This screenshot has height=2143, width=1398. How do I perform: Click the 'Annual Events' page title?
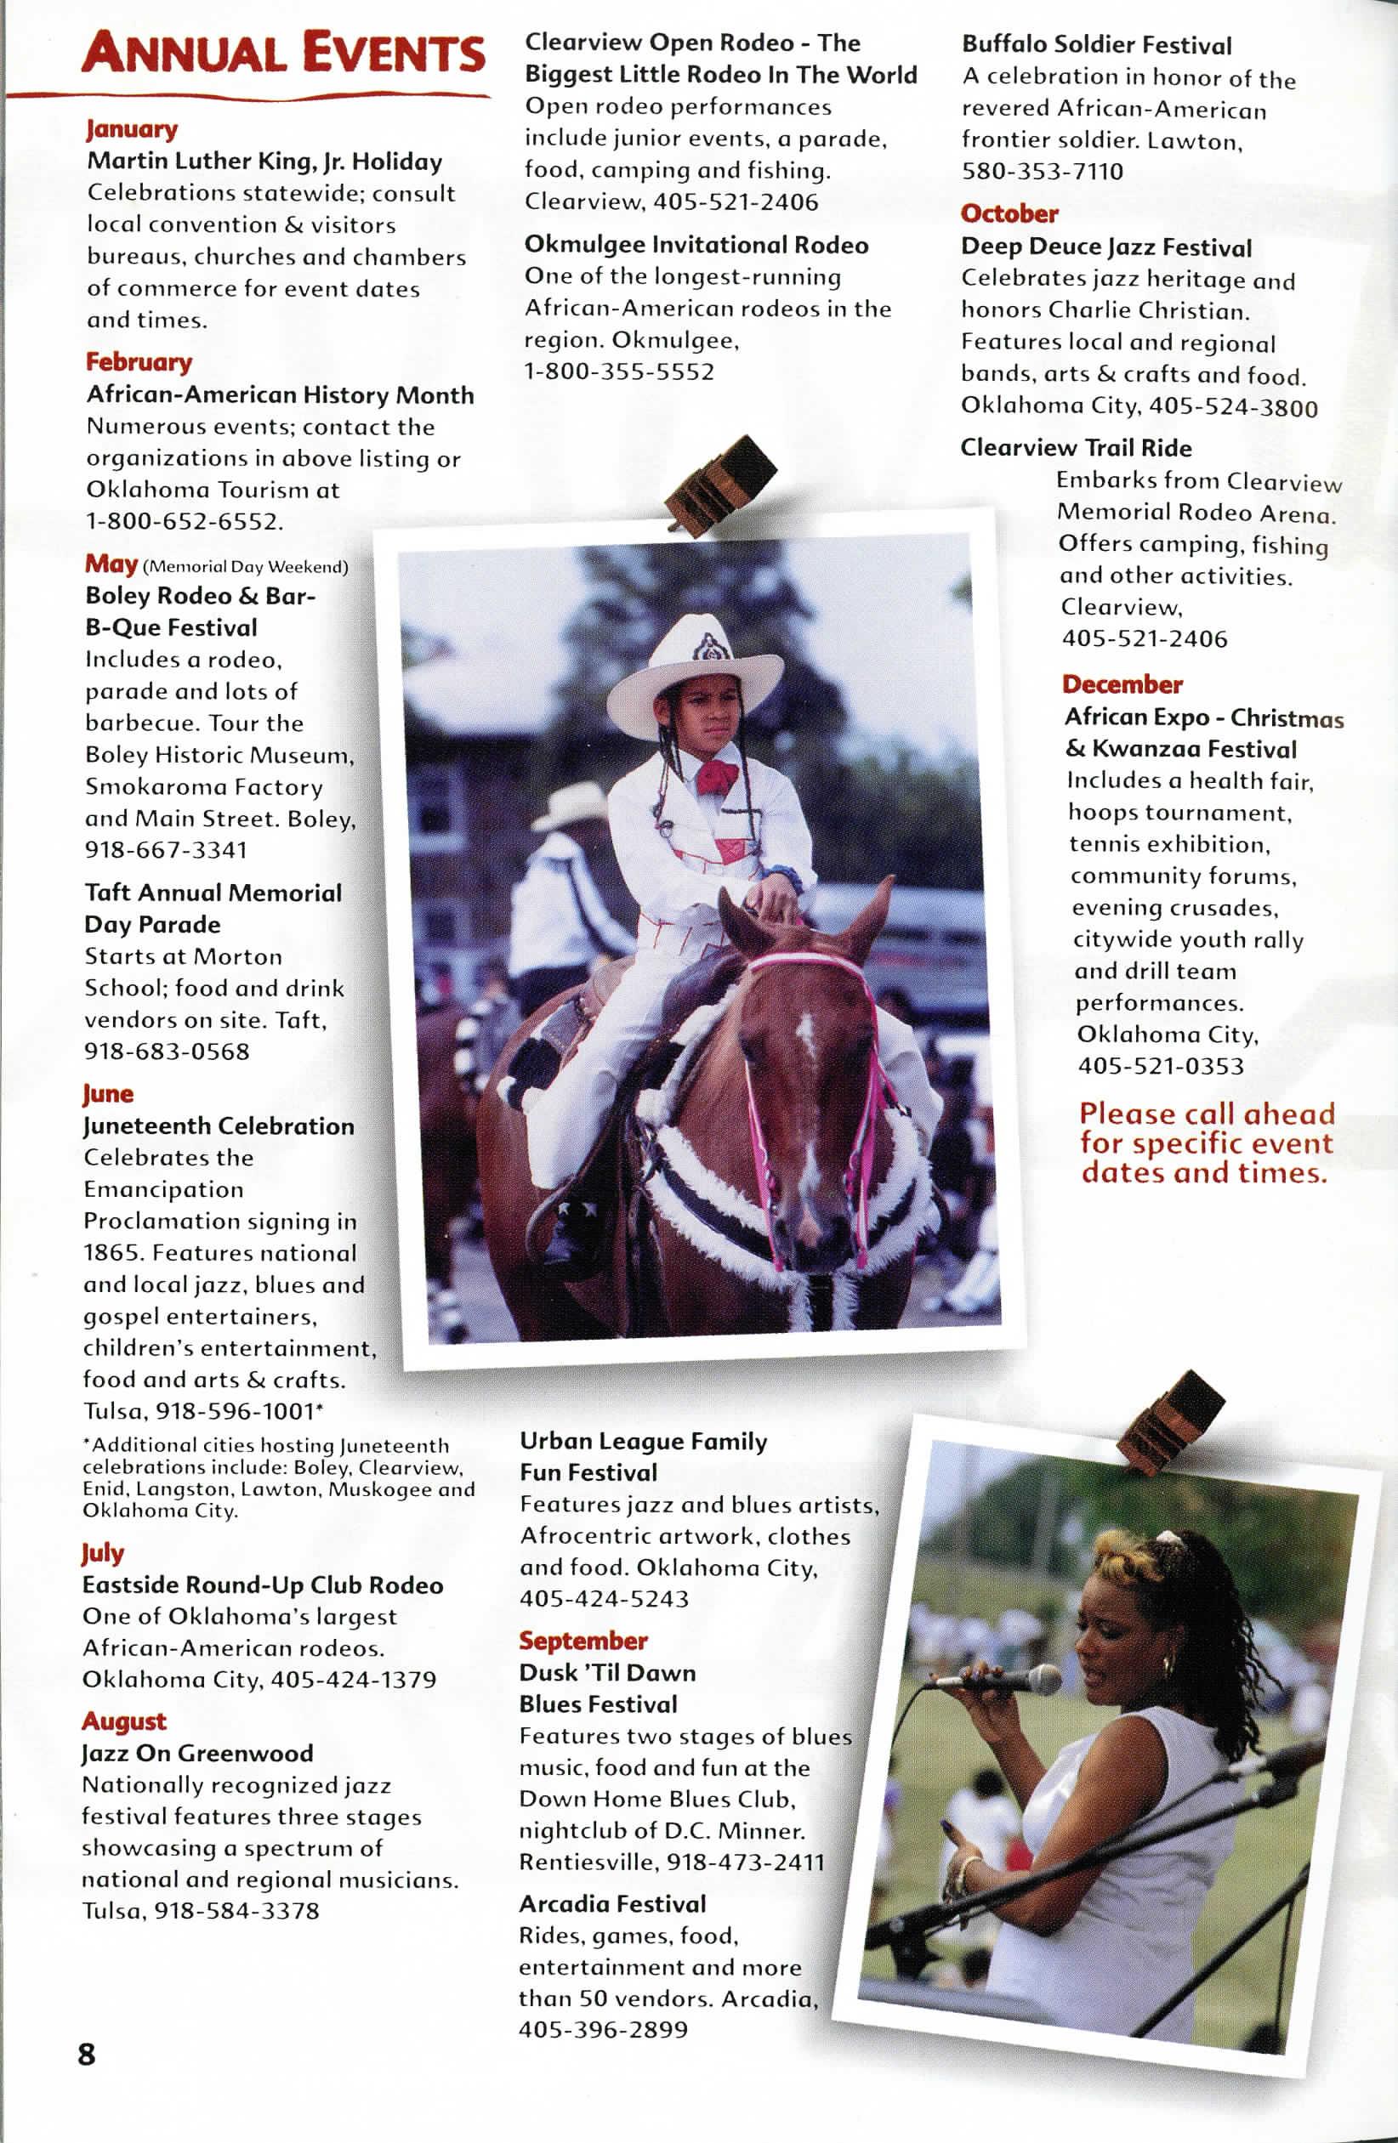283,52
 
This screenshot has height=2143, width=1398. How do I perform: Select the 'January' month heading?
132,128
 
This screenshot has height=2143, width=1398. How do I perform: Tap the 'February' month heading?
139,362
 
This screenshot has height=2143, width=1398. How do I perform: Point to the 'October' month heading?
1009,213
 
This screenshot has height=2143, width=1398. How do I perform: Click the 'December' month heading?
1122,684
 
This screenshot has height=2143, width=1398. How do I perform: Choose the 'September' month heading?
582,1641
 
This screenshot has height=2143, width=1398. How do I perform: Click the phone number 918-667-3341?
166,850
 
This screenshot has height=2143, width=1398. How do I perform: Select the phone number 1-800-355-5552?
619,371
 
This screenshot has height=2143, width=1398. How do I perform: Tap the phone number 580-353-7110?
1043,171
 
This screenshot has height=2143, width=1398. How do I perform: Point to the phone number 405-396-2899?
603,2031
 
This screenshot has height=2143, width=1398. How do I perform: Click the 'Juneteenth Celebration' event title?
218,1126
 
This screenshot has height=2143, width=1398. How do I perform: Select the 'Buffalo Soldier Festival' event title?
1096,45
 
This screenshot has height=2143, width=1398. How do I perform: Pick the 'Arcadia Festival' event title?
612,1904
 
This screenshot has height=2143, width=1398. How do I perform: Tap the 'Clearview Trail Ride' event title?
1076,447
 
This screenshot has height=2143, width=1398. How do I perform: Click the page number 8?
87,2054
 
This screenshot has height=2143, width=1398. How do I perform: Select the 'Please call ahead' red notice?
1205,1142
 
